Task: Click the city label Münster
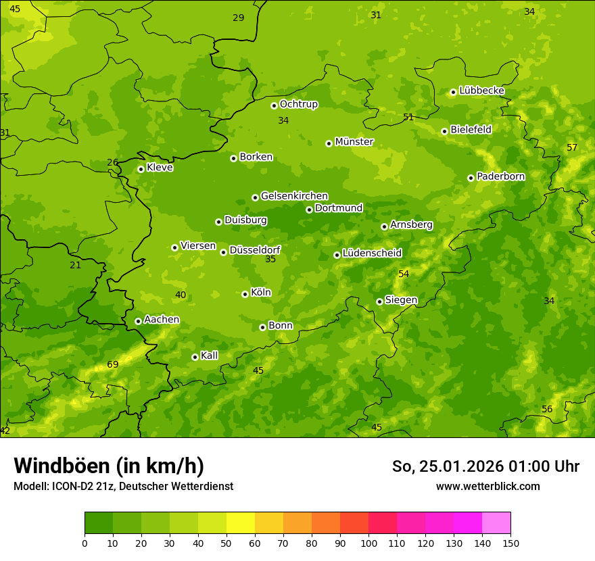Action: click(354, 142)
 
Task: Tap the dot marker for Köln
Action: click(245, 294)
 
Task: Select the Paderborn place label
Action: click(501, 176)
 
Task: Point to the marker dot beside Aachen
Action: click(138, 321)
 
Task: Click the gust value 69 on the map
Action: click(113, 365)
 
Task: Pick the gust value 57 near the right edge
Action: click(572, 148)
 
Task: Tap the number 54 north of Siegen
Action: click(404, 274)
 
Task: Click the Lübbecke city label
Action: click(481, 91)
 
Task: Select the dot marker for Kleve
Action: click(141, 169)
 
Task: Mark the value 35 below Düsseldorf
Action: click(270, 259)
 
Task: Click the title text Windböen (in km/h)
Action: click(109, 466)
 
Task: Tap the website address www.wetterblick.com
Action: click(487, 486)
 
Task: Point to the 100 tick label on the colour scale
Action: click(368, 543)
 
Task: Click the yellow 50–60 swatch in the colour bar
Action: click(241, 522)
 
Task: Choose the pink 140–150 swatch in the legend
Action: click(496, 522)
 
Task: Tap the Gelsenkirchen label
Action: click(294, 196)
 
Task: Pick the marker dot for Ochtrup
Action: click(274, 105)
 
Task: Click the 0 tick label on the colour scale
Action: click(85, 543)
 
